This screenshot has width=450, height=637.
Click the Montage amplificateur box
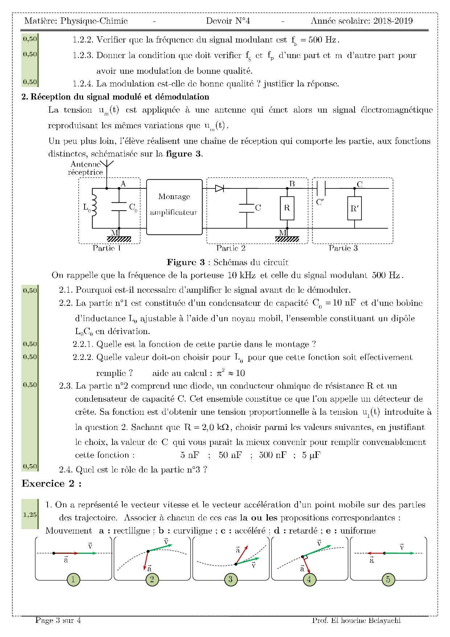(x=174, y=207)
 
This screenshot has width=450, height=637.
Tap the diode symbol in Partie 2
(x=219, y=188)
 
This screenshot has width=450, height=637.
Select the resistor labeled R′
(x=354, y=208)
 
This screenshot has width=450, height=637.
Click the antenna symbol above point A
(x=107, y=165)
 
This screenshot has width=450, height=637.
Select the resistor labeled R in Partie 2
(x=287, y=208)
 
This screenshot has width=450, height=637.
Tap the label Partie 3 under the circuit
(x=343, y=248)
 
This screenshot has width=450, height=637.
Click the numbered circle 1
(x=73, y=579)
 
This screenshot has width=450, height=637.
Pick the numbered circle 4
(x=309, y=579)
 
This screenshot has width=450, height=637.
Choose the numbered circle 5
(x=388, y=579)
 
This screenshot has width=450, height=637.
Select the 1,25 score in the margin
(x=30, y=514)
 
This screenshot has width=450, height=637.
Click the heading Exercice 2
(x=52, y=483)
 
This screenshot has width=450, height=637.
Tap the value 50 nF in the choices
(x=230, y=455)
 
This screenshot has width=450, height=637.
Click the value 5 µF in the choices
(x=311, y=455)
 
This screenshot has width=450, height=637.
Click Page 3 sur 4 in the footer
(x=58, y=620)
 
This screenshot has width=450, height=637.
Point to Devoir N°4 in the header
(x=228, y=21)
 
